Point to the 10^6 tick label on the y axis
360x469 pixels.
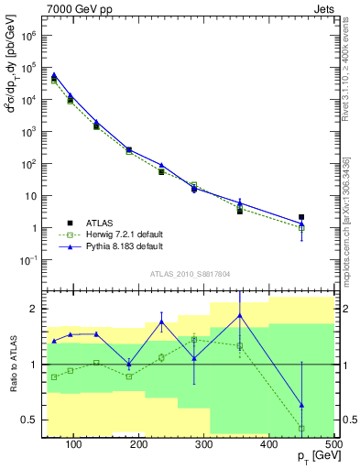point(29,36)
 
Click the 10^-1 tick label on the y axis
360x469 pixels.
point(28,260)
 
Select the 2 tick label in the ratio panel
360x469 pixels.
point(34,309)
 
